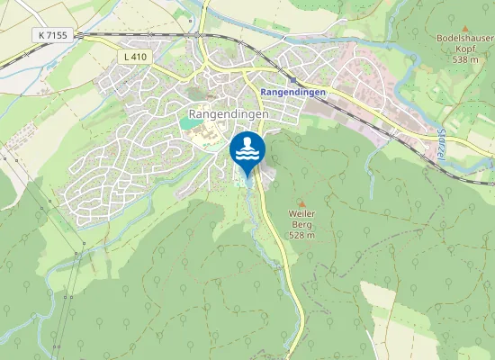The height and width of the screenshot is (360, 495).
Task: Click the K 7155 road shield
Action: click(53, 34)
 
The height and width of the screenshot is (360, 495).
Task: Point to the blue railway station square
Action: click(292, 80)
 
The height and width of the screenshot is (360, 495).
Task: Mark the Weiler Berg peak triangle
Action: click(301, 202)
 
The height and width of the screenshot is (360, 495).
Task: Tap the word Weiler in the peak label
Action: click(301, 214)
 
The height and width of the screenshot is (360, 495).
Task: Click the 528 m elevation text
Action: click(301, 235)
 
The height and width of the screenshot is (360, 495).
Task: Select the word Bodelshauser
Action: click(464, 40)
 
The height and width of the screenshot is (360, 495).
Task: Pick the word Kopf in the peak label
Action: click(464, 50)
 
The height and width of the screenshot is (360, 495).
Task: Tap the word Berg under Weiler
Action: click(301, 224)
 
